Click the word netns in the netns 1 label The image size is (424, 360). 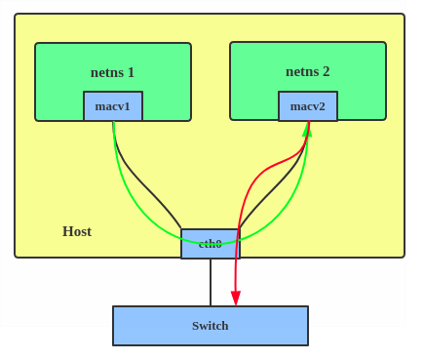105,72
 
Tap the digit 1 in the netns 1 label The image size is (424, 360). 131,72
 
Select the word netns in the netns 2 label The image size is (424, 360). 300,71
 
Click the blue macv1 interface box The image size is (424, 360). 113,106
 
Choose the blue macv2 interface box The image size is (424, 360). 308,106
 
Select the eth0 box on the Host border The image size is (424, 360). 211,244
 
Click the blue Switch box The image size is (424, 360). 211,326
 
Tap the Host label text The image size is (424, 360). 77,231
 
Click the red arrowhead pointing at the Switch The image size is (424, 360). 236,298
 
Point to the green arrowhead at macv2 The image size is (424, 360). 308,129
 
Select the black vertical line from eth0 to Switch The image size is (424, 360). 211,283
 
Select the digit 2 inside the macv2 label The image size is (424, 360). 322,106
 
